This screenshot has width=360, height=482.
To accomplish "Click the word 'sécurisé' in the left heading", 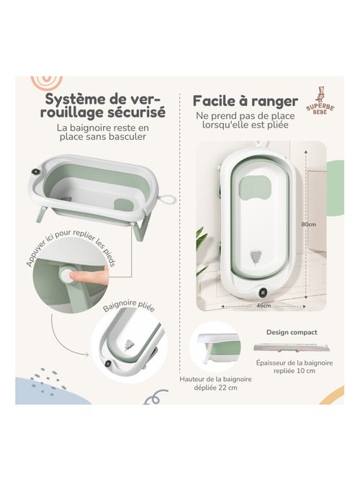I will tap(140, 112).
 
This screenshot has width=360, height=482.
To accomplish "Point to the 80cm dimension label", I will tap(309, 224).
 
